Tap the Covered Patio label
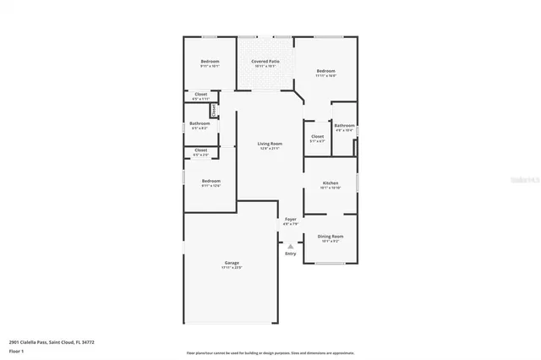[x=265, y=62]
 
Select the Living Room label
[x=270, y=144]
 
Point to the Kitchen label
[x=331, y=183]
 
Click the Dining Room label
[x=331, y=236]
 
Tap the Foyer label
[x=291, y=219]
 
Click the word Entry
[x=291, y=254]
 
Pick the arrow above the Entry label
[x=291, y=246]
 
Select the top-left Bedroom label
[x=210, y=62]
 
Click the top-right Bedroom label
[x=326, y=70]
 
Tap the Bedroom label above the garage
[x=210, y=180]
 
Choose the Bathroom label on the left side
[x=199, y=123]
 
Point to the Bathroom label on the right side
[x=344, y=125]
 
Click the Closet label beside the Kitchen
[x=318, y=136]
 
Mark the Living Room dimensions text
[x=270, y=149]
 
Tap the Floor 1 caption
[x=16, y=350]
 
